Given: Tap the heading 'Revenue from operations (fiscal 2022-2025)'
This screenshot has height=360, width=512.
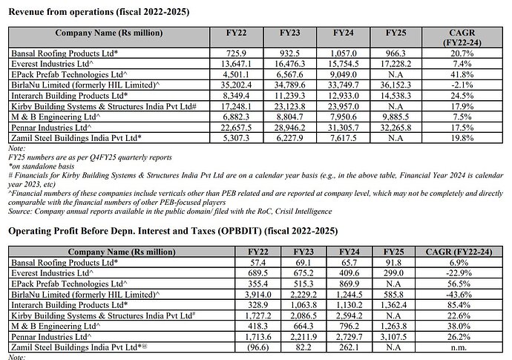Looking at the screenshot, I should [98, 13].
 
